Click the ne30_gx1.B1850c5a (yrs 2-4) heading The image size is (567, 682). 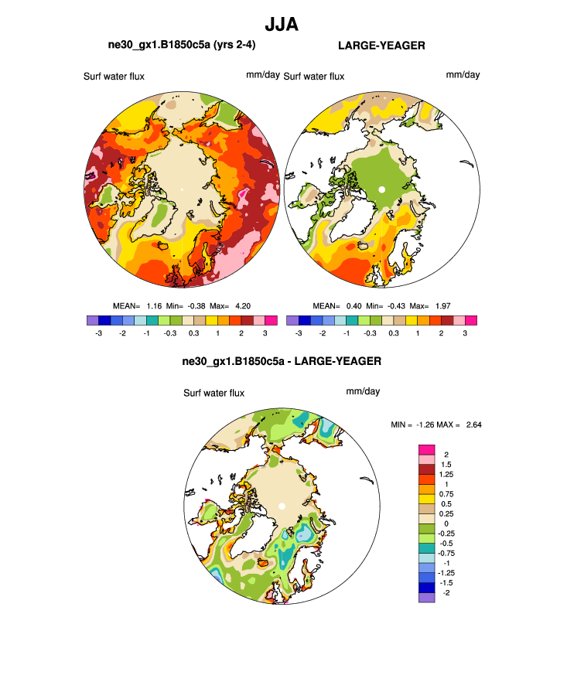(x=182, y=46)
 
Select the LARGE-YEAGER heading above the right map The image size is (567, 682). (x=381, y=46)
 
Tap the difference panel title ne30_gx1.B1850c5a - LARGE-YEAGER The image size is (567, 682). (x=282, y=361)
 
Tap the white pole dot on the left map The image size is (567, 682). (x=182, y=189)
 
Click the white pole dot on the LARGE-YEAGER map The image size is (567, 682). (x=381, y=189)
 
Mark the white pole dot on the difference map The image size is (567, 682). (x=282, y=506)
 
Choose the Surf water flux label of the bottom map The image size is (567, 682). (x=213, y=393)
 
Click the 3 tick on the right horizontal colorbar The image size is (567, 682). (x=465, y=332)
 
